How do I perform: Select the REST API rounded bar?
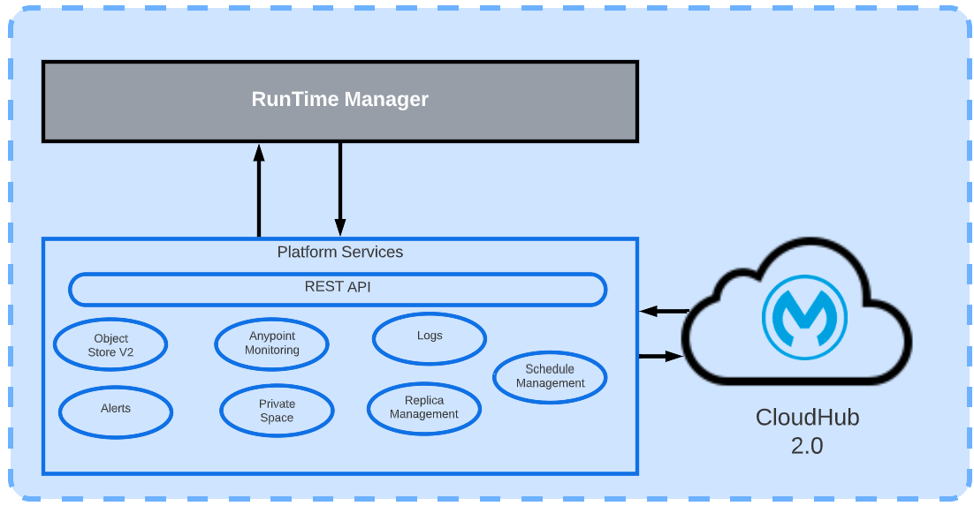point(338,289)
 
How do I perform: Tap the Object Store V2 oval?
point(110,344)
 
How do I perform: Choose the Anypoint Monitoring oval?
point(271,344)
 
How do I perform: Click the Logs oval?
point(430,336)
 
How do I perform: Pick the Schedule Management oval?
point(550,376)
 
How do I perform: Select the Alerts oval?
point(116,409)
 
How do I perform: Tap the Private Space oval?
point(277,411)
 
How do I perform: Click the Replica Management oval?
point(424,407)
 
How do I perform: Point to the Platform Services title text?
point(339,253)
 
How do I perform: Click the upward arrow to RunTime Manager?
point(259,190)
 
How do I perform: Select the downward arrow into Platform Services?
point(339,190)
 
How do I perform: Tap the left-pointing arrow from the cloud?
point(663,311)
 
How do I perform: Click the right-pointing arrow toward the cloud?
point(661,356)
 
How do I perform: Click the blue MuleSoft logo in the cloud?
point(803,316)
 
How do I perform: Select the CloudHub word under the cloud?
point(806,418)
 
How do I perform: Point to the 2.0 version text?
point(806,446)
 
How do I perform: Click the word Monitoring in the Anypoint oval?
point(272,351)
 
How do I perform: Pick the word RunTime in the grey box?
point(293,99)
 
